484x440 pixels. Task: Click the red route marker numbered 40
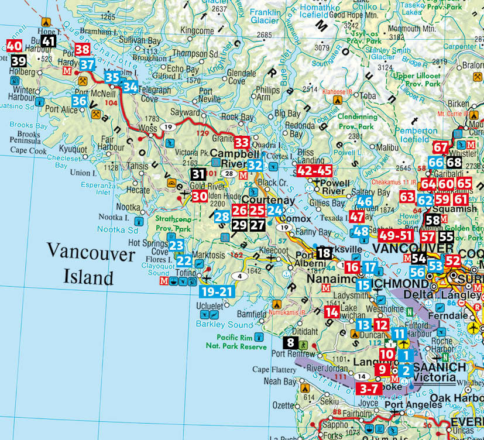pos(15,46)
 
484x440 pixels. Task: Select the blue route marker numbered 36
pos(80,101)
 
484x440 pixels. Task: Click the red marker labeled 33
pos(242,142)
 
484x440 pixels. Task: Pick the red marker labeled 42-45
pos(314,170)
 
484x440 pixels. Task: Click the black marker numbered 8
pos(290,342)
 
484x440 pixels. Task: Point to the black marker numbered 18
pos(324,253)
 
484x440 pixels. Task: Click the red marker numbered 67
pos(441,147)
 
